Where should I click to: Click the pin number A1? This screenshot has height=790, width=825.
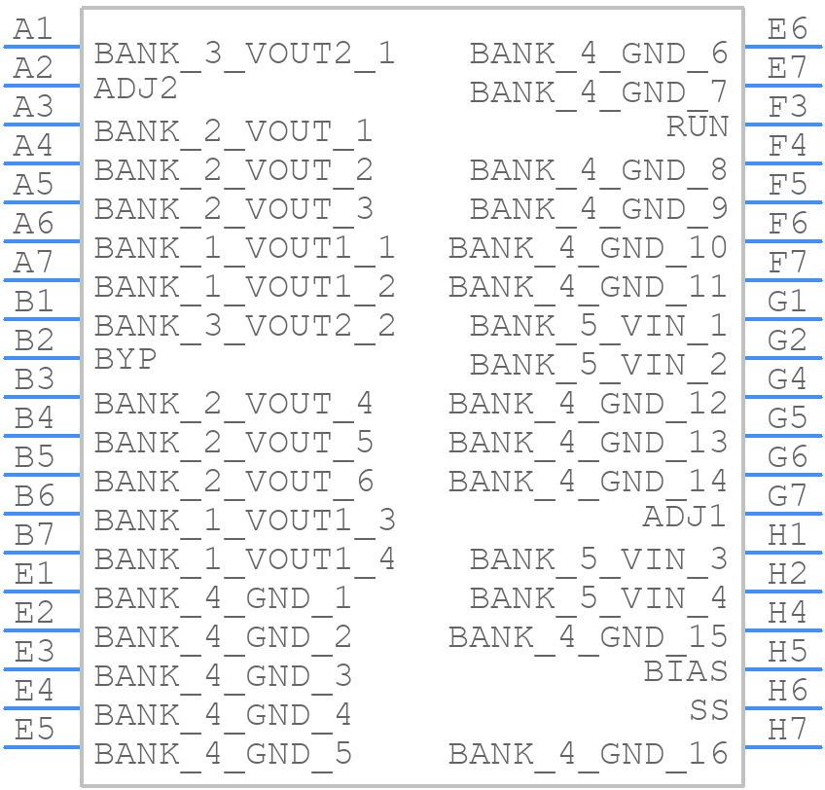(x=33, y=29)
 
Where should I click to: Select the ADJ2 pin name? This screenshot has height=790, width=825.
(x=136, y=88)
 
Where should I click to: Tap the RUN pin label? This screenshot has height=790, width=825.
(x=698, y=126)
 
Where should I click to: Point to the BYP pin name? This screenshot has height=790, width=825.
(x=126, y=360)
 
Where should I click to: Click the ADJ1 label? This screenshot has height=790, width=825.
(x=685, y=517)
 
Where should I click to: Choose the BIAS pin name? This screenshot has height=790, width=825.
(x=686, y=671)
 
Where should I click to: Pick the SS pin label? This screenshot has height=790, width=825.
(x=708, y=710)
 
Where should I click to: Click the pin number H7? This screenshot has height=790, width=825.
(x=787, y=730)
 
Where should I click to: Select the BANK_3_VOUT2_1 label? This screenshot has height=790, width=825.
(x=244, y=54)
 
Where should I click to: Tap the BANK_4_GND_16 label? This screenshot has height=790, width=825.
(x=589, y=754)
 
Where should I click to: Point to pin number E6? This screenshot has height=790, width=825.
(x=787, y=29)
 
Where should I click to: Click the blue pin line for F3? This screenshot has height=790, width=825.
(x=783, y=125)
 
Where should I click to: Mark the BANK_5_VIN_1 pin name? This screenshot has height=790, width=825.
(x=598, y=326)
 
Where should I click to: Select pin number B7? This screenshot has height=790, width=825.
(x=34, y=535)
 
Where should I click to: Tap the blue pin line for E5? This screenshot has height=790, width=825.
(x=42, y=747)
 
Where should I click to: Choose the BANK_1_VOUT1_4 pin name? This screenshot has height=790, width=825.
(x=244, y=560)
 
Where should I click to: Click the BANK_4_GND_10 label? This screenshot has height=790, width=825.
(x=589, y=248)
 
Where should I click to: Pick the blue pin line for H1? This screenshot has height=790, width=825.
(x=783, y=553)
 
